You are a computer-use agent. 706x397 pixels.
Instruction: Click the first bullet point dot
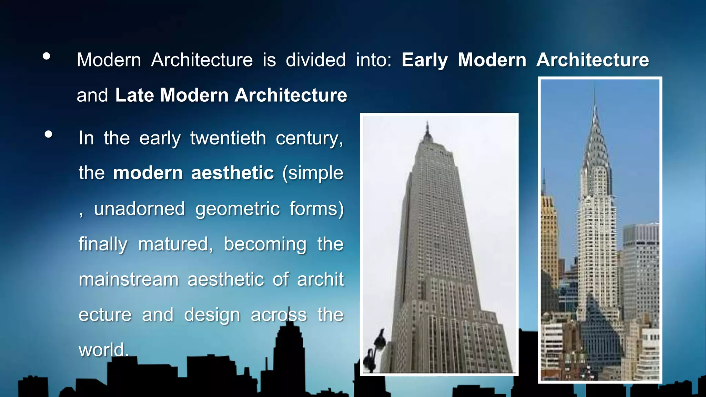(47, 56)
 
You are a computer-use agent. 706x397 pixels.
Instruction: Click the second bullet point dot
(49, 134)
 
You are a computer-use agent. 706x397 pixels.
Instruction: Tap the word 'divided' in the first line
(315, 60)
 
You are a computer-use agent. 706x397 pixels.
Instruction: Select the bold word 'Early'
(424, 60)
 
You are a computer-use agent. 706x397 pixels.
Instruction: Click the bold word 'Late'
(134, 95)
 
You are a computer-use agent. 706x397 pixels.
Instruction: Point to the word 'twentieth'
(228, 139)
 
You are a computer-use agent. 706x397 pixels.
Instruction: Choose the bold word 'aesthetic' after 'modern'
(232, 173)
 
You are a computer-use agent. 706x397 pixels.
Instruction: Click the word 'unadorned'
(140, 209)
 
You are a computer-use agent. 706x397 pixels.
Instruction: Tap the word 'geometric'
(238, 209)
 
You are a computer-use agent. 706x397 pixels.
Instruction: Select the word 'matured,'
(176, 244)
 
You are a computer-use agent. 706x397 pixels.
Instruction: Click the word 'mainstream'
(129, 279)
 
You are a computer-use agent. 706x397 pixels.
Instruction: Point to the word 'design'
(212, 315)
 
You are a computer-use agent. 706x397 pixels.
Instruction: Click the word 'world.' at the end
(104, 350)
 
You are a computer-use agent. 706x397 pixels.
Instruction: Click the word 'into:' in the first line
(374, 60)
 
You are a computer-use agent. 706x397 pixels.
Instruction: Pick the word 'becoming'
(265, 244)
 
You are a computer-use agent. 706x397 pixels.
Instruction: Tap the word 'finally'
(103, 244)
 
